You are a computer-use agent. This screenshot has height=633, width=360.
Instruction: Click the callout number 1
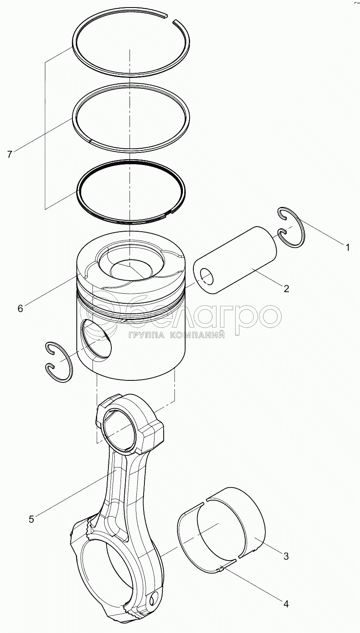pyautogui.click(x=347, y=247)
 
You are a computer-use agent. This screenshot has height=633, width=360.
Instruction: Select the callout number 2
pyautogui.click(x=286, y=289)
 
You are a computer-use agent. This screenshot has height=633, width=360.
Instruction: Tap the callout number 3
pyautogui.click(x=286, y=556)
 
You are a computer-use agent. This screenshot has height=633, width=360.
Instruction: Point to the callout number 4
pyautogui.click(x=286, y=605)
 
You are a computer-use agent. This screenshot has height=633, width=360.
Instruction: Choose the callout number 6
pyautogui.click(x=20, y=309)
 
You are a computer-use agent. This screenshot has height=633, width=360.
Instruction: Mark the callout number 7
pyautogui.click(x=10, y=155)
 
